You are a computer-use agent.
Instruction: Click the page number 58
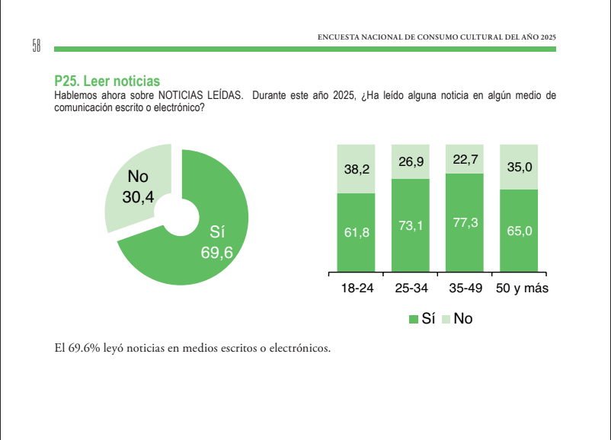click(36, 46)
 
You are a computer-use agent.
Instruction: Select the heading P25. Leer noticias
click(107, 81)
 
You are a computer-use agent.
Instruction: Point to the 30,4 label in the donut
click(138, 197)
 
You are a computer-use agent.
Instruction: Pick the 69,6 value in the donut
click(216, 253)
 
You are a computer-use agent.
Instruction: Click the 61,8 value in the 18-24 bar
click(357, 232)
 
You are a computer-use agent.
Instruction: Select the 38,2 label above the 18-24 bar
click(357, 169)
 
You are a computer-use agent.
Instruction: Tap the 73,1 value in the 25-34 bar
click(411, 226)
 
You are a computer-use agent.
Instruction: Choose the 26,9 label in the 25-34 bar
click(411, 161)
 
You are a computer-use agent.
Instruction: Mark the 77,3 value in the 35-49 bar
click(465, 223)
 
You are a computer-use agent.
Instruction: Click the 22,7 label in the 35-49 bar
click(465, 159)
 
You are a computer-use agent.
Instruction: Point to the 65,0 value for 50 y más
click(520, 231)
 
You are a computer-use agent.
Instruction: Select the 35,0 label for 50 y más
click(520, 167)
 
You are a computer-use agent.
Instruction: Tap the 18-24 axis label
click(357, 289)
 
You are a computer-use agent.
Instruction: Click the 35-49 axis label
click(465, 289)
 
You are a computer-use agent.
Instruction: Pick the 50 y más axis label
click(522, 289)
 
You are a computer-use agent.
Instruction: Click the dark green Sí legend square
click(413, 319)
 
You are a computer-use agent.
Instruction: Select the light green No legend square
click(446, 319)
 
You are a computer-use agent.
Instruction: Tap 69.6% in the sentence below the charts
click(85, 348)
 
